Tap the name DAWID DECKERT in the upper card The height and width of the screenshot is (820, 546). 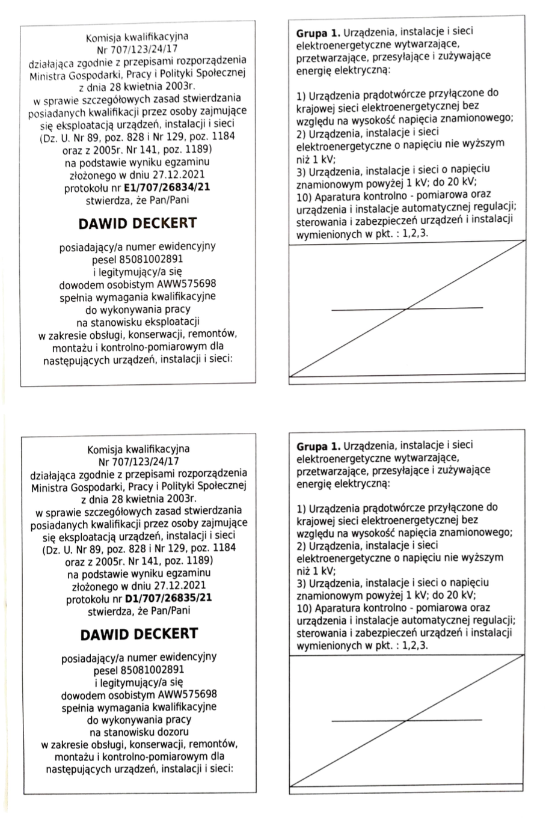pyautogui.click(x=138, y=224)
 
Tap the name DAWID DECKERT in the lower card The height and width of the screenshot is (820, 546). pyautogui.click(x=139, y=635)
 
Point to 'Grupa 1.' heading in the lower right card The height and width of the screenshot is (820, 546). pyautogui.click(x=314, y=447)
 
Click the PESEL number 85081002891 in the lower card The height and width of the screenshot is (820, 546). pyautogui.click(x=153, y=670)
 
